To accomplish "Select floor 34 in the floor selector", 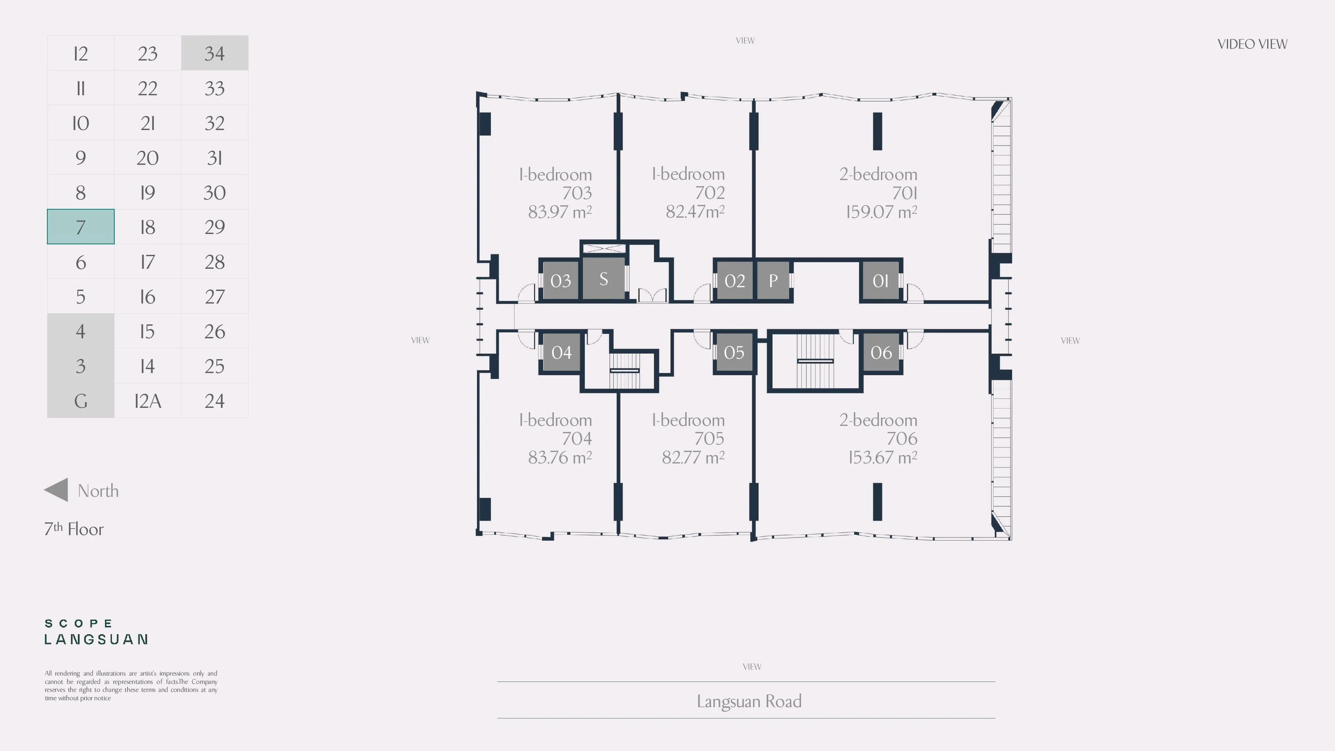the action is coord(215,53).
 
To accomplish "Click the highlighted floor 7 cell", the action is coord(80,226).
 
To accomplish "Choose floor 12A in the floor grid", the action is coord(148,401).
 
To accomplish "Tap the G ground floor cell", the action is coord(80,401).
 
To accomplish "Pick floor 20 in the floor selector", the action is coord(148,158).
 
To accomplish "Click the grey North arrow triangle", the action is coord(56,490).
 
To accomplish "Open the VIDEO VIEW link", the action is coord(1252,44).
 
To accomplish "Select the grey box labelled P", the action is coord(773,280).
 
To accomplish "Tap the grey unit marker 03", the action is coord(561,280).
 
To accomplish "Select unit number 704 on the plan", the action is coord(577,438).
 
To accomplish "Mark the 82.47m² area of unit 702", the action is coord(695,211).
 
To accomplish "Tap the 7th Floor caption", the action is coord(74,528).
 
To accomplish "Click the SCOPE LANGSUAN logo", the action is coord(96,632).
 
